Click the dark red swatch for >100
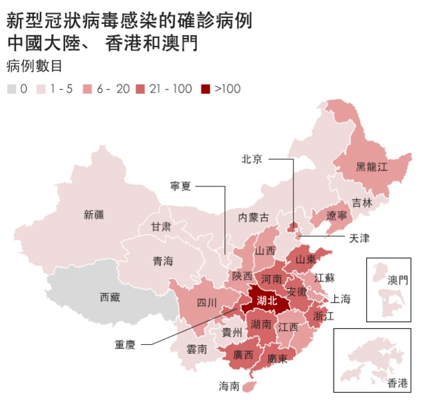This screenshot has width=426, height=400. tap(206, 89)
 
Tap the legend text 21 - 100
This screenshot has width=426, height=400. tap(172, 89)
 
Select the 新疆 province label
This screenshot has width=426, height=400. tap(94, 214)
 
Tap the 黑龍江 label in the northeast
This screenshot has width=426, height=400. tap(371, 167)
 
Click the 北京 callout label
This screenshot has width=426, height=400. tap(252, 158)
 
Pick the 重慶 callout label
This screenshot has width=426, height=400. tap(125, 345)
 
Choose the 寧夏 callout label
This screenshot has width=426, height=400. tap(181, 186)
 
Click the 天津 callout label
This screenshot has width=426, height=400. tap(359, 237)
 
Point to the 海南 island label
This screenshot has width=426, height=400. tap(230, 385)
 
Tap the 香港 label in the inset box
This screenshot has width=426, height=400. tap(398, 383)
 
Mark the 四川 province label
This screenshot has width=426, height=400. tap(207, 303)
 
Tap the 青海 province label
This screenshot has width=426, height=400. tap(163, 261)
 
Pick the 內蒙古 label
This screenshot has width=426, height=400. tap(254, 217)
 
